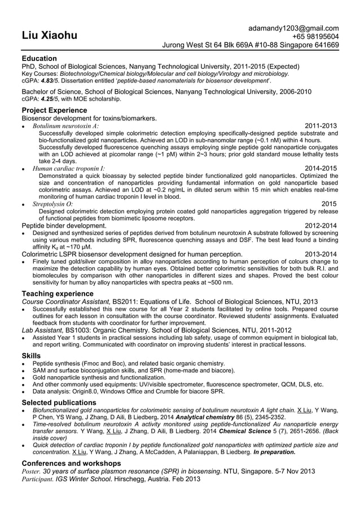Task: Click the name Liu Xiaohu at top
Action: [x=49, y=36]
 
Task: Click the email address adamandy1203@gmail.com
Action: [x=293, y=28]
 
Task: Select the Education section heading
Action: [x=39, y=58]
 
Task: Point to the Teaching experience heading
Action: [x=57, y=294]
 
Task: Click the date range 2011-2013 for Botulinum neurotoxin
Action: [x=321, y=125]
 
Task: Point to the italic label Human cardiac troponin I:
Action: [x=68, y=168]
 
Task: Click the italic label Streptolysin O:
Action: [x=52, y=203]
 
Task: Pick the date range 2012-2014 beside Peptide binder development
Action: [x=321, y=226]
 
